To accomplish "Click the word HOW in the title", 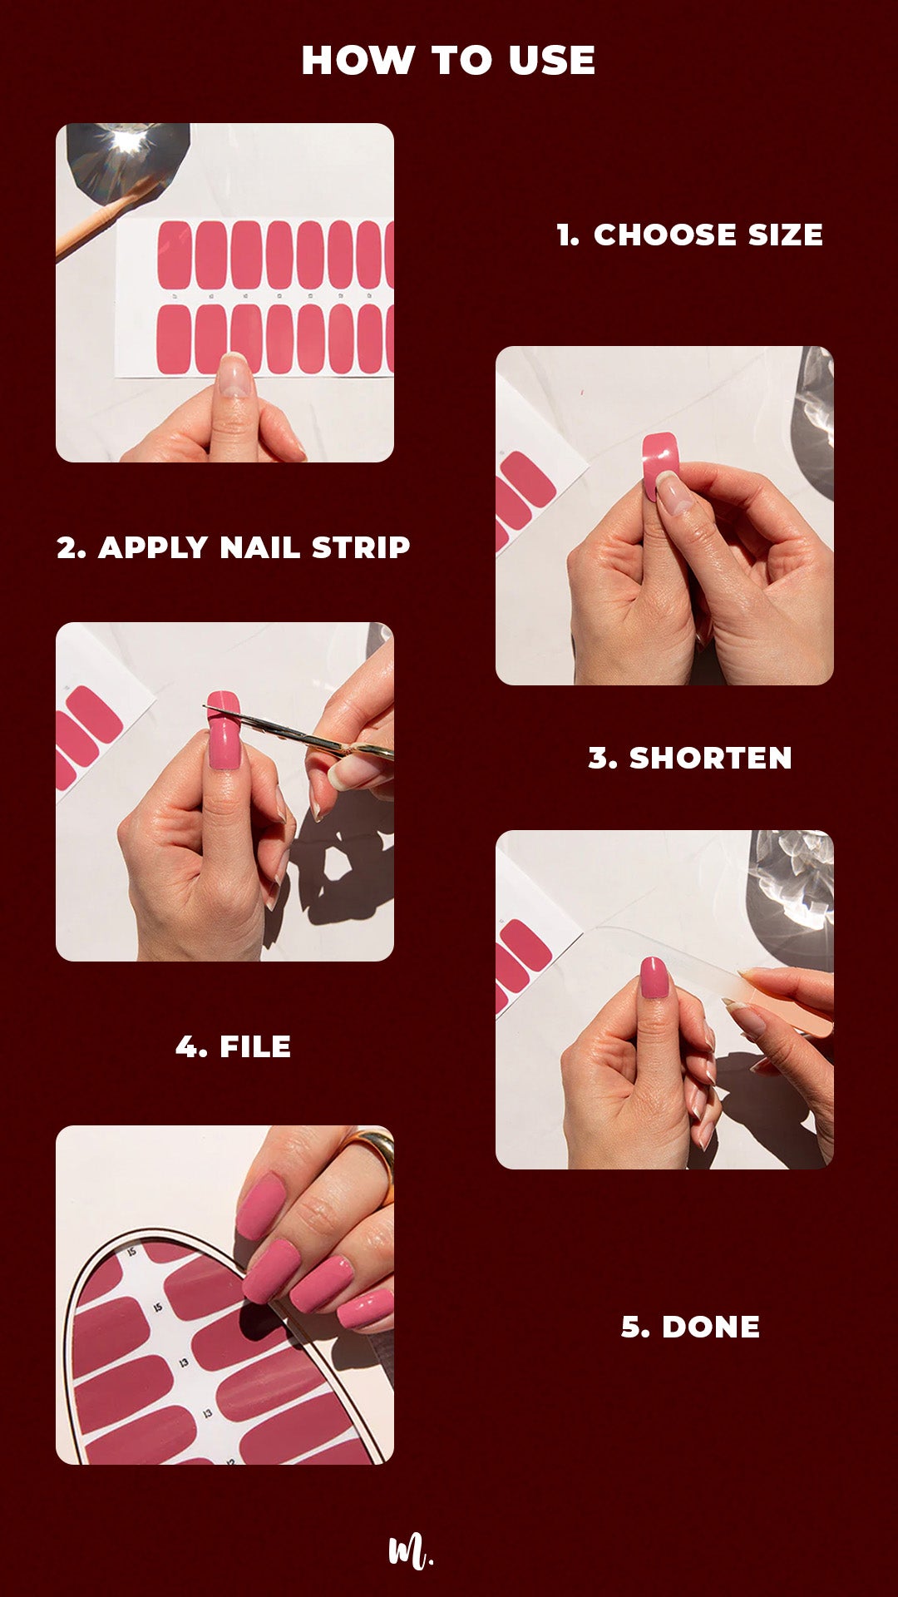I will pyautogui.click(x=358, y=61).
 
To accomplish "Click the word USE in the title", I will pyautogui.click(x=552, y=61).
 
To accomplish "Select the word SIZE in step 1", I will pyautogui.click(x=785, y=235).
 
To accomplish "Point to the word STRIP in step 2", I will pyautogui.click(x=360, y=548).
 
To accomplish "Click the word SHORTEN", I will pyautogui.click(x=710, y=759).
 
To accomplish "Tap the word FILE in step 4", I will pyautogui.click(x=255, y=1047).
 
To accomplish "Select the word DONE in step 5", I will pyautogui.click(x=711, y=1328).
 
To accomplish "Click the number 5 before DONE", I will pyautogui.click(x=635, y=1328).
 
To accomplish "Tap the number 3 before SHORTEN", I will pyautogui.click(x=602, y=759).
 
